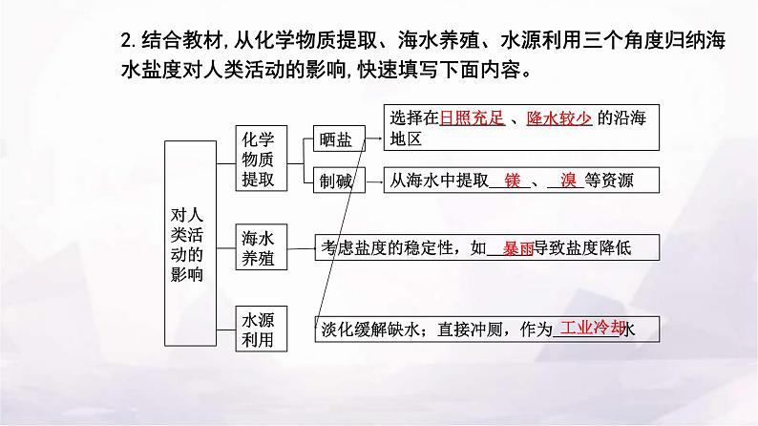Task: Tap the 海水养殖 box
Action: (x=258, y=246)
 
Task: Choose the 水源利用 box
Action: (x=258, y=329)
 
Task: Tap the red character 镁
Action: (x=512, y=180)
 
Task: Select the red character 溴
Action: (x=570, y=180)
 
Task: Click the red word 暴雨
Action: (x=518, y=248)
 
